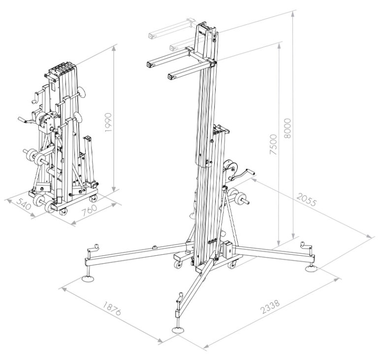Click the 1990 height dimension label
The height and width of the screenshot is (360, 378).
pos(109,123)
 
